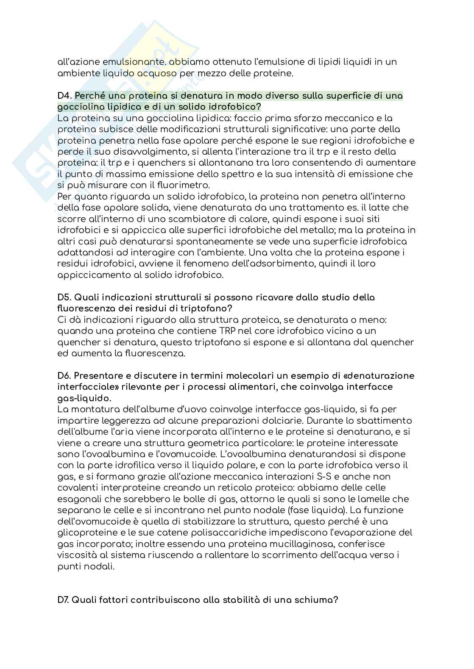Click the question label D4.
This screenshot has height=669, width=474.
pos(64,96)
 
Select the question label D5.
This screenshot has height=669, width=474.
pos(64,297)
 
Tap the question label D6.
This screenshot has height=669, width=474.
pos(64,376)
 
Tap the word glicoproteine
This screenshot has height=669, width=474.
pos(86,533)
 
